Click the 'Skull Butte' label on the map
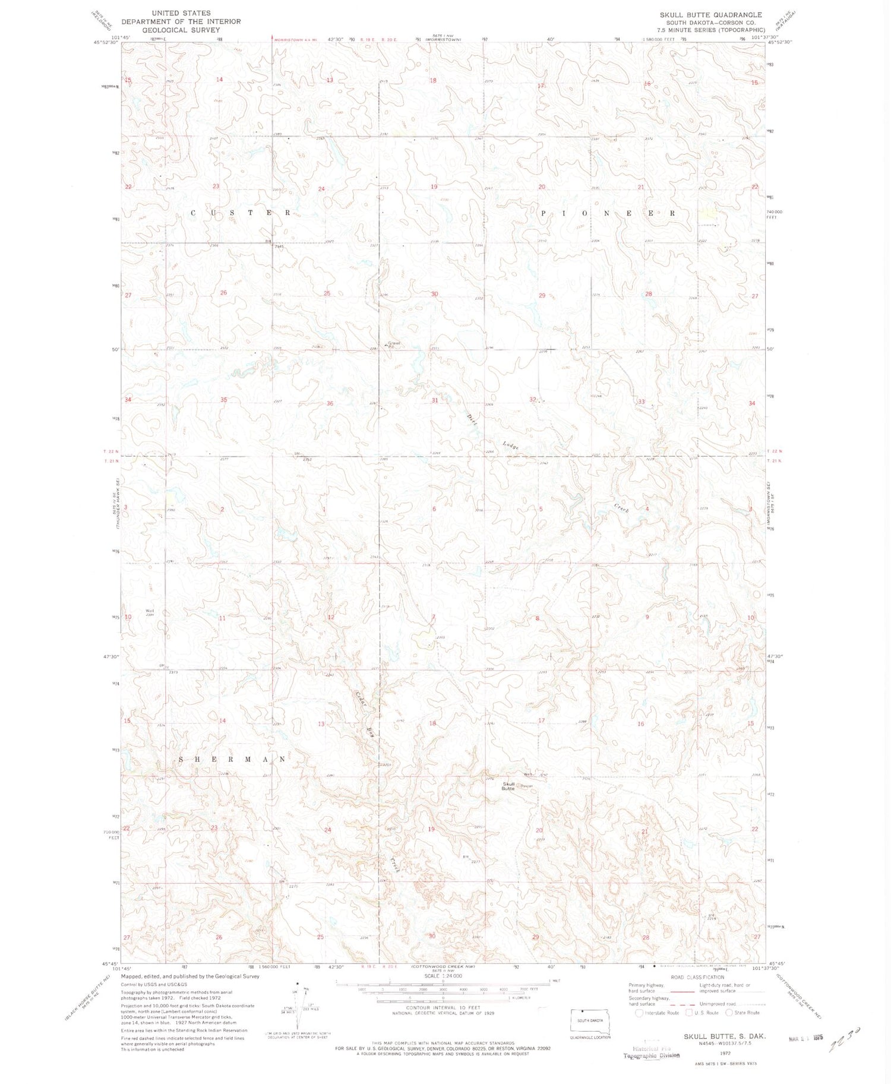point(508,786)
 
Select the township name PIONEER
point(608,213)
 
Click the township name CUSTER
point(241,213)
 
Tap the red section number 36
point(330,403)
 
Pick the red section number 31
point(435,400)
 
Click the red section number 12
point(331,617)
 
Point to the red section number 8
point(538,618)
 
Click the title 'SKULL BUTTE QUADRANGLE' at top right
point(710,15)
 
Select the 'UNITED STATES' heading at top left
point(181,13)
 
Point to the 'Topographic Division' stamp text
point(651,1055)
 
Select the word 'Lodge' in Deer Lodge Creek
point(510,445)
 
